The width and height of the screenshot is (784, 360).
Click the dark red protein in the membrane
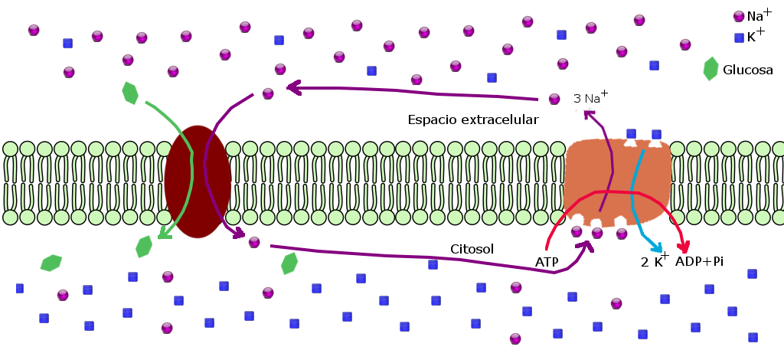197,182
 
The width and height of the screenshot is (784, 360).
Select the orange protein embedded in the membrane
617,182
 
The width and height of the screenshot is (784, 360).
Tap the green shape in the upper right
710,69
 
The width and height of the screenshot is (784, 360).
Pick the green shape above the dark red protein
130,93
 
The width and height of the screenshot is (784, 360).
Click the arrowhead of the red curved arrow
683,247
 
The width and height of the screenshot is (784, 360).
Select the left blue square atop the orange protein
631,134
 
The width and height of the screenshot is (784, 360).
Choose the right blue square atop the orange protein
656,135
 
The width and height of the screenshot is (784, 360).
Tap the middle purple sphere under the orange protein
597,232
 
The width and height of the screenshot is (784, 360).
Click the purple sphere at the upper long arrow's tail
554,99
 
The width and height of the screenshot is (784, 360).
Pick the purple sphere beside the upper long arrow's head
268,93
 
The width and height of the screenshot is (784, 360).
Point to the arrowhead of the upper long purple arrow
292,87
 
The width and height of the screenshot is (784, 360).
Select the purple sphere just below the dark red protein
254,242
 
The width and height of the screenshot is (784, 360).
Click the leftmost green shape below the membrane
51,263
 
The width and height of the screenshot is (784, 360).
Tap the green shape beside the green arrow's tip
143,247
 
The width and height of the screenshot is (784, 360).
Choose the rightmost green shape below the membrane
289,263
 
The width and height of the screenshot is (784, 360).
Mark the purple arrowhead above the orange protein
588,115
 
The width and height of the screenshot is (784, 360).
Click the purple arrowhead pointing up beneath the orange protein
586,246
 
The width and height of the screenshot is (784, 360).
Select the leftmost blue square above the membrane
67,44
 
